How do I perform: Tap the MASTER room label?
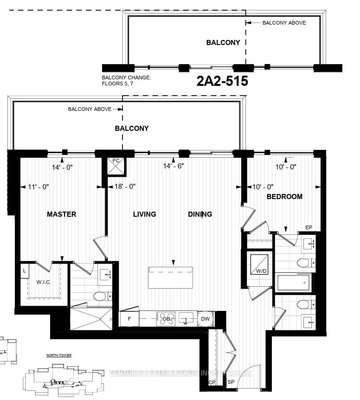[x=61, y=214]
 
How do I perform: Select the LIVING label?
[x=144, y=214]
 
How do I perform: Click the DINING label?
[x=200, y=214]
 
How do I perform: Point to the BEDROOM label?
[x=284, y=197]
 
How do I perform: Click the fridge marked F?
[x=129, y=319]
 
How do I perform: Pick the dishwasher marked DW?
[x=205, y=319]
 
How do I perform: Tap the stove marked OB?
[x=166, y=319]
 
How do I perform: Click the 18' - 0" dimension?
[x=125, y=187]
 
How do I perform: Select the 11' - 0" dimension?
[x=39, y=187]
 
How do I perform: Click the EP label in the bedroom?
[x=309, y=227]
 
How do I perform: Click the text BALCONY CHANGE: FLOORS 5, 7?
[x=126, y=81]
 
